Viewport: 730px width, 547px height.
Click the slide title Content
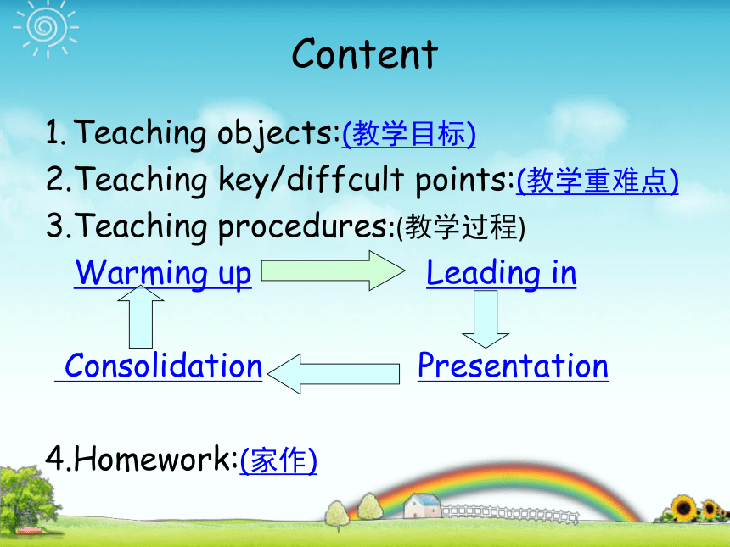364,54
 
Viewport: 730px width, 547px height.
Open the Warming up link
163,273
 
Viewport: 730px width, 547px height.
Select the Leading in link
502,273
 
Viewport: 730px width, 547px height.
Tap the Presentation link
513,366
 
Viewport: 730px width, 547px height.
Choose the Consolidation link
163,366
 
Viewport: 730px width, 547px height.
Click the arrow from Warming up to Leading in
333,271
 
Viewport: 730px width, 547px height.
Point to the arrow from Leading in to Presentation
486,319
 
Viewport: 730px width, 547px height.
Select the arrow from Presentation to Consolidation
334,373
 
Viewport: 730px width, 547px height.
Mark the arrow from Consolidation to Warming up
141,317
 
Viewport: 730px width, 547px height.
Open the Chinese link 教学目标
409,134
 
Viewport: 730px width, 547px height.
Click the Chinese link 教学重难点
598,181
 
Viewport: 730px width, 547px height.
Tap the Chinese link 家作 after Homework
278,460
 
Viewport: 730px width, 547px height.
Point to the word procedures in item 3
303,226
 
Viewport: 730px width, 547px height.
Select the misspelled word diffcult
345,179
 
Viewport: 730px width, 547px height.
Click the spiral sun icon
46,27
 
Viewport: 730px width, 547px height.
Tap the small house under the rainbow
422,505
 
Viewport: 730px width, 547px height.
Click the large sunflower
683,508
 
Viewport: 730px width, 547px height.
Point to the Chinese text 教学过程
461,227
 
